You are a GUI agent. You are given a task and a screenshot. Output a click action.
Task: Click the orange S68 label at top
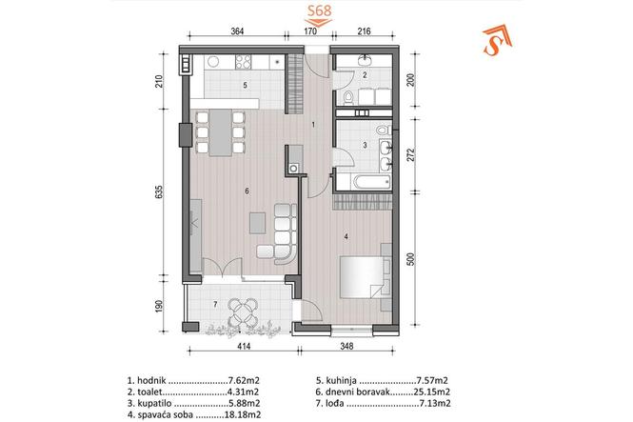pos(319,10)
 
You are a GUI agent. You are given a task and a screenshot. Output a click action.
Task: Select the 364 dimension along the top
pos(237,30)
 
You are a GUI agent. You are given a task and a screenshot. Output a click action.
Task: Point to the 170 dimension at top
pos(310,30)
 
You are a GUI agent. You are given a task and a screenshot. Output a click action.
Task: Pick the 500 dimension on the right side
pos(410,259)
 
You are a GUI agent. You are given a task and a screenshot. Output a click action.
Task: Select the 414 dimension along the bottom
pos(244,346)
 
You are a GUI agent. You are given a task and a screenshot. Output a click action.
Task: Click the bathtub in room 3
pos(372,182)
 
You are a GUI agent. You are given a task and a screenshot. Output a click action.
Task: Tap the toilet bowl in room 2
pos(348,97)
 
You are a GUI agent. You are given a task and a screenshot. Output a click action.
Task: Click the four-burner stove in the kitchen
pos(244,61)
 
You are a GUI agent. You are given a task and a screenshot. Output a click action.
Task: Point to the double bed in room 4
pos(362,277)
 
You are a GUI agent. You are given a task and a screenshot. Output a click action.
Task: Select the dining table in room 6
pos(221,132)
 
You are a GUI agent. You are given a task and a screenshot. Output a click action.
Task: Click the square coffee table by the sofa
pos(258,223)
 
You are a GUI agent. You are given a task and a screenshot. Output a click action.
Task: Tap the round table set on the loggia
pos(244,312)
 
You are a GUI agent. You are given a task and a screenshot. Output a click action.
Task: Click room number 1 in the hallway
pos(313,125)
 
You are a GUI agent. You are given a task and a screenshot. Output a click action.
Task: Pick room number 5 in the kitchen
pos(245,85)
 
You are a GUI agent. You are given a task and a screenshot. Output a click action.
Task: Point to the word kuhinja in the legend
pos(342,380)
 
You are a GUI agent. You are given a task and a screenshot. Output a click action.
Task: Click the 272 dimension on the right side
pos(410,154)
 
